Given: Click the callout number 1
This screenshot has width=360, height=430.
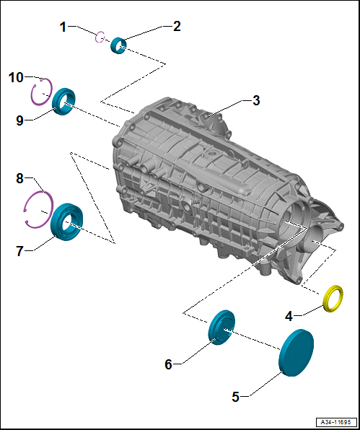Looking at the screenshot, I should [63, 27].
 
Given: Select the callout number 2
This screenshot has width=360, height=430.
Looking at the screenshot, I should [177, 26].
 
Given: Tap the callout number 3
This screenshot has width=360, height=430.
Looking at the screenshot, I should [255, 100].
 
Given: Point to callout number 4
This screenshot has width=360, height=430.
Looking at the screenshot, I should [288, 315].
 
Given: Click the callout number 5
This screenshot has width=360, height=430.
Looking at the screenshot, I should [235, 396].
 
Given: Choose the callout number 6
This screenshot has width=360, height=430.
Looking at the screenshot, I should [168, 364].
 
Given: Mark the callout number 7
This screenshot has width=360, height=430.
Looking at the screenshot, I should [19, 250].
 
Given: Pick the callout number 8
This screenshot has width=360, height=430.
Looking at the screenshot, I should [19, 177].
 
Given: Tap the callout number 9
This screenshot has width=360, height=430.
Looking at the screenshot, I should [19, 120].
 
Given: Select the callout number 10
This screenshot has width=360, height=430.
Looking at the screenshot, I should [16, 76].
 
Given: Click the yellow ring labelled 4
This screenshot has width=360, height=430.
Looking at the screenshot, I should [335, 297].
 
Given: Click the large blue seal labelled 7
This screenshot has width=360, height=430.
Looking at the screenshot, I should [67, 221].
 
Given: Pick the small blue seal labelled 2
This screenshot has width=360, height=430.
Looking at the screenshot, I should [119, 46].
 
